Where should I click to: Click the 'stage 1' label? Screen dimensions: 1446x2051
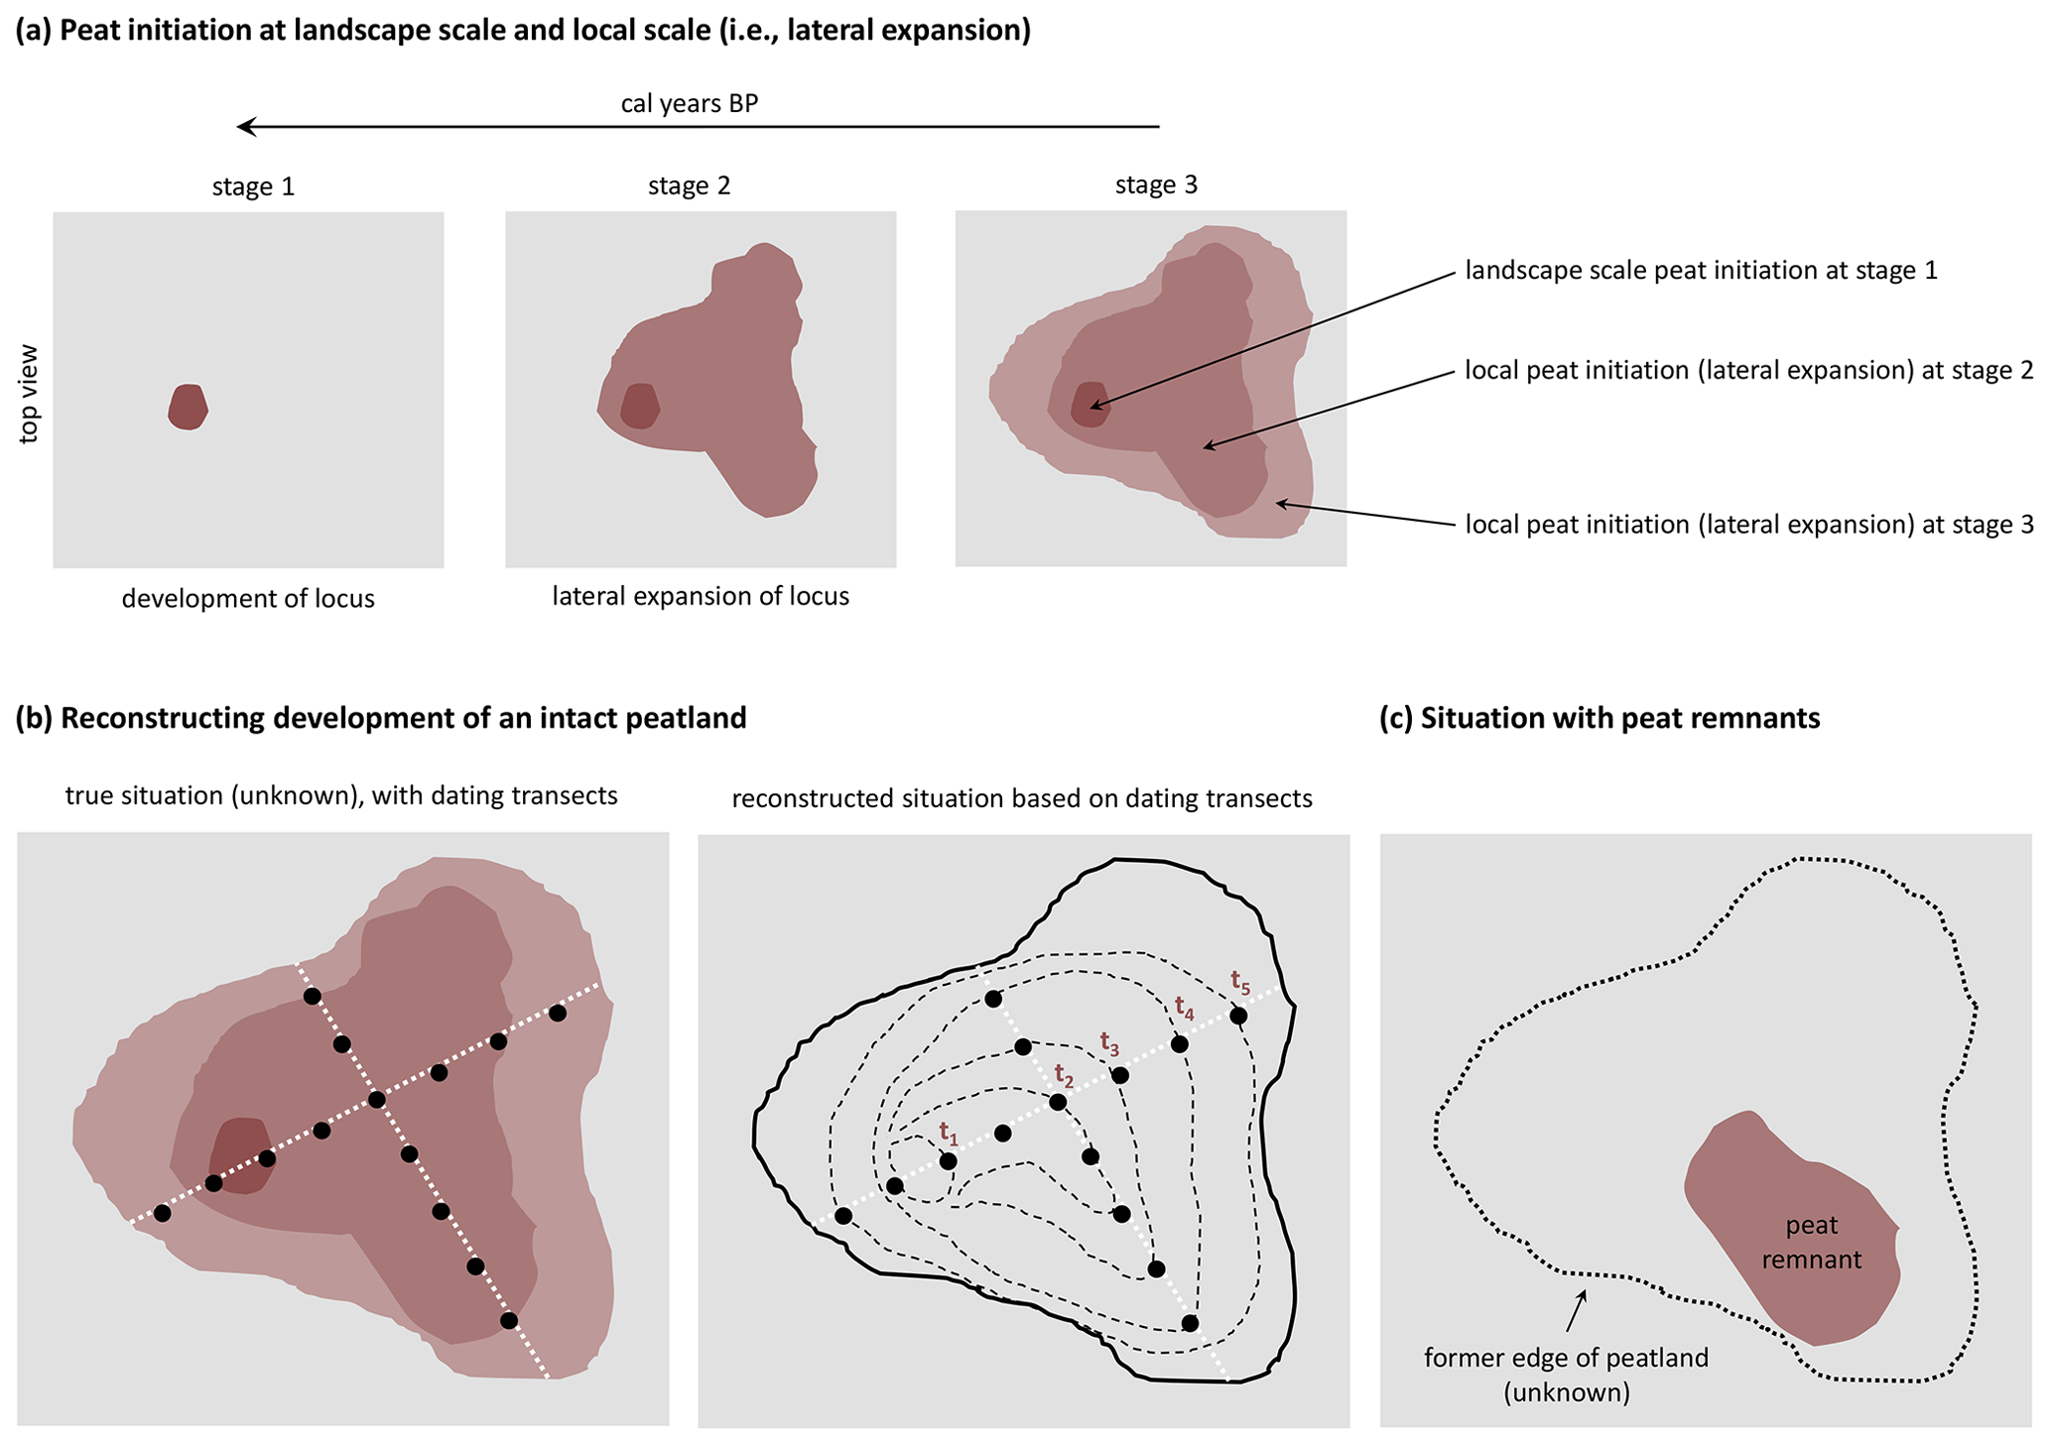coord(253,186)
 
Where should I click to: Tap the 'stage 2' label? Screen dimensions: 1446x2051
coord(689,185)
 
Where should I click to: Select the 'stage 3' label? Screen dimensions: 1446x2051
coord(1156,184)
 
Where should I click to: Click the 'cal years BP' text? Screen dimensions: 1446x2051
coord(690,103)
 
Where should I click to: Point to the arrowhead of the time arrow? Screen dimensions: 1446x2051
coord(244,127)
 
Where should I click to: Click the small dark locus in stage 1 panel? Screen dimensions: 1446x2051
coord(188,407)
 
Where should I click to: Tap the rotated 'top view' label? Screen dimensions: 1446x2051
coord(29,394)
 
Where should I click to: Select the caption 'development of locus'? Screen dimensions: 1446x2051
coord(248,599)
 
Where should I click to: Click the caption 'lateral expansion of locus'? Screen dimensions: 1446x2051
coord(701,597)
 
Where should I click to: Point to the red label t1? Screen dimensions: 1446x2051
coord(949,1132)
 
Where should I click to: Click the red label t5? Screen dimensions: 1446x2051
coord(1240,982)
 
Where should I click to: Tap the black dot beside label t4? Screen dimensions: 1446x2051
coord(1180,1044)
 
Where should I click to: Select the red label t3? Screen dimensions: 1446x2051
coord(1109,1043)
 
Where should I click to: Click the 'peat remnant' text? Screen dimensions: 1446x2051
coord(1812,1243)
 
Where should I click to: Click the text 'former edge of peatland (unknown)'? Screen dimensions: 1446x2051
coord(1566,1375)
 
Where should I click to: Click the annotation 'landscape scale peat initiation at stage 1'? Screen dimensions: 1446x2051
coord(1701,271)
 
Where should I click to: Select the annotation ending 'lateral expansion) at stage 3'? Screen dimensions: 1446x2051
coord(1748,525)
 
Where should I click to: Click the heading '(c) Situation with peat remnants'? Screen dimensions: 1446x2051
coord(1600,718)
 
